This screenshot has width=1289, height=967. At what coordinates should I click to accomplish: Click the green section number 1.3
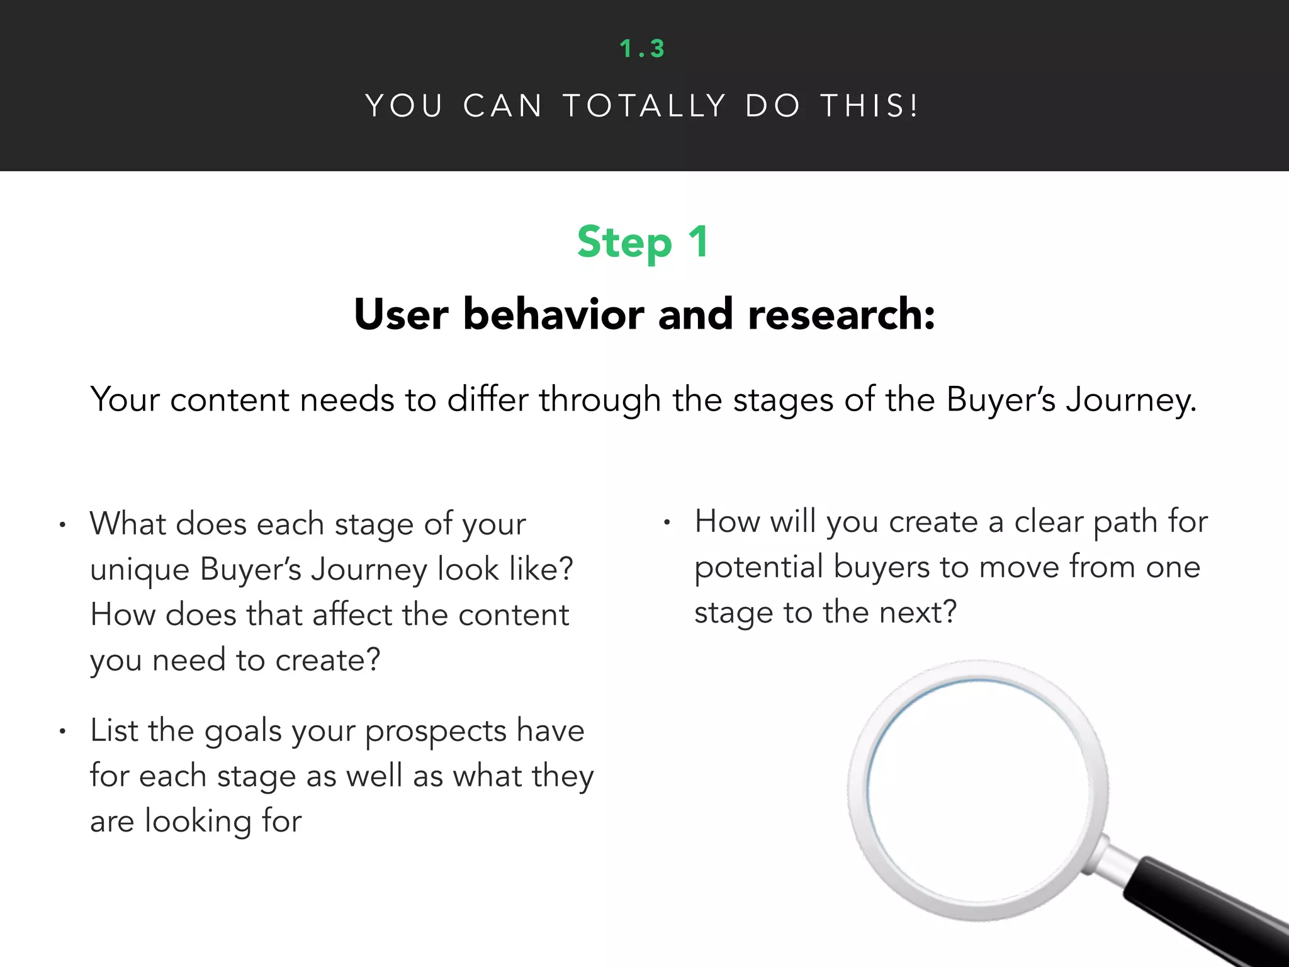coord(642,48)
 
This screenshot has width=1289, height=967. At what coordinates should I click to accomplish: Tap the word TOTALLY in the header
coord(644,106)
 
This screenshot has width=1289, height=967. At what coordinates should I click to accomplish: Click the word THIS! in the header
coord(870,106)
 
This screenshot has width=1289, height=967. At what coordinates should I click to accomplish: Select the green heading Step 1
coord(643,242)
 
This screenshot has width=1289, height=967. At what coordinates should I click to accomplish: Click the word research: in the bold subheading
coord(841,314)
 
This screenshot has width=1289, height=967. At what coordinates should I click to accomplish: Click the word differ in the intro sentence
coord(488,399)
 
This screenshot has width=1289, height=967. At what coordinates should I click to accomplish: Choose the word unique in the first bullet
coord(140,570)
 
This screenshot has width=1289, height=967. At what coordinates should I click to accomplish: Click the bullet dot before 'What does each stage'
coord(62,525)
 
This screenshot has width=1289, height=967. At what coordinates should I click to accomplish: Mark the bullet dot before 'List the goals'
coord(62,732)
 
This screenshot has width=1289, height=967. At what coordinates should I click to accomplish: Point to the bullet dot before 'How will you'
coord(667,523)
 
